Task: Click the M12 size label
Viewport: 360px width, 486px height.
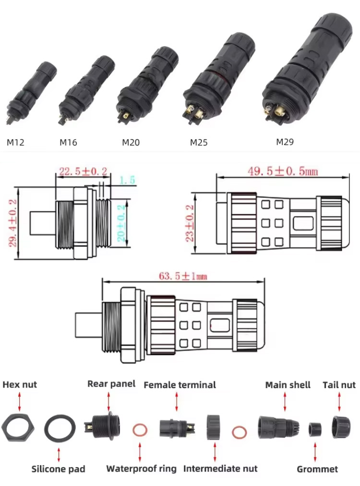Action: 15,142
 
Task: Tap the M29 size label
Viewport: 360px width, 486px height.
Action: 285,142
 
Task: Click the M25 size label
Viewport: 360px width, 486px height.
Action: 199,142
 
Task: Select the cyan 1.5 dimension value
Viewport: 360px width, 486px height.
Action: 127,180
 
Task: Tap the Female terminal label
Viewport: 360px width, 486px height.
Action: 180,385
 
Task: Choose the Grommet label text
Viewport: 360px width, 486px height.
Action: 317,469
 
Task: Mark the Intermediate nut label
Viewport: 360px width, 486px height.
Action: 220,468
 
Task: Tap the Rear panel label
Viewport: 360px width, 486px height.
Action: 111,384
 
